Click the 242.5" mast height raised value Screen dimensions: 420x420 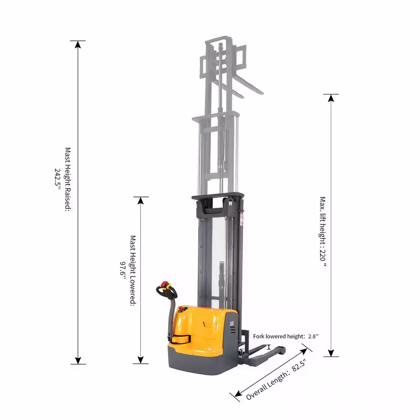click(x=58, y=179)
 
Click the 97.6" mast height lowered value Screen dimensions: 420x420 click(x=122, y=270)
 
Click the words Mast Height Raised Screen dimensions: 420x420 click(x=68, y=179)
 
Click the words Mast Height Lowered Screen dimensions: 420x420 click(x=133, y=270)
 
